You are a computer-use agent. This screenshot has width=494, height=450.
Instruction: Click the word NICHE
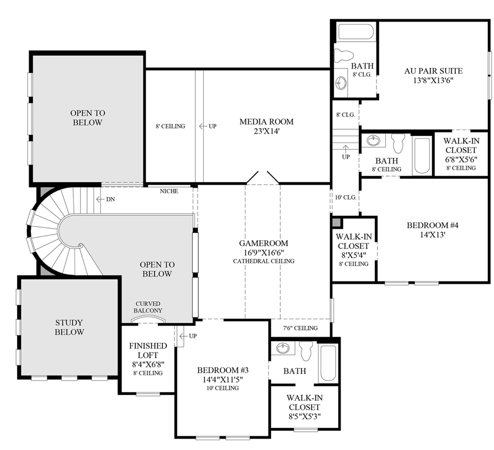click(168, 192)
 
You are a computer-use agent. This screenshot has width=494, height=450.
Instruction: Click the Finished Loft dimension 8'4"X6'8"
click(144, 364)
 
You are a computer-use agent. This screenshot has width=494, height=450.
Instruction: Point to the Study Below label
click(70, 327)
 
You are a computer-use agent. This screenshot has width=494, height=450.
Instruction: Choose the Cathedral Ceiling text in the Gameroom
click(264, 261)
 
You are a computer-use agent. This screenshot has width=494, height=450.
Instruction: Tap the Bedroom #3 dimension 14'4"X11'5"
click(220, 380)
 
